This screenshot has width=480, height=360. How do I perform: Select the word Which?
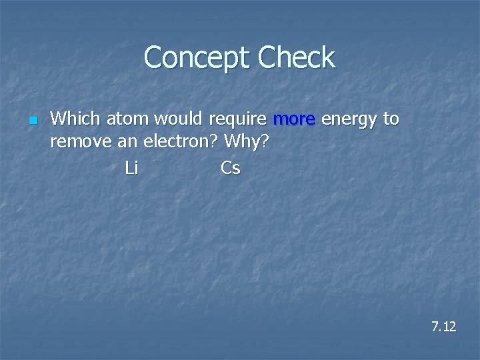tap(75, 119)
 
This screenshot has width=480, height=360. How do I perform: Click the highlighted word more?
tap(294, 120)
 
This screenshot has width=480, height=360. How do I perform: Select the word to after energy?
tap(391, 119)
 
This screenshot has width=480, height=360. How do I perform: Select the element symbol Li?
tap(131, 168)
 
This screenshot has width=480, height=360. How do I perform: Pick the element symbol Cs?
tap(230, 168)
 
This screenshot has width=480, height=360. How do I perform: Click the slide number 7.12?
tap(443, 327)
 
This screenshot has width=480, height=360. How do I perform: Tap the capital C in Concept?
tap(153, 58)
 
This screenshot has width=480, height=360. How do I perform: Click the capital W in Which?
tap(59, 119)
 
